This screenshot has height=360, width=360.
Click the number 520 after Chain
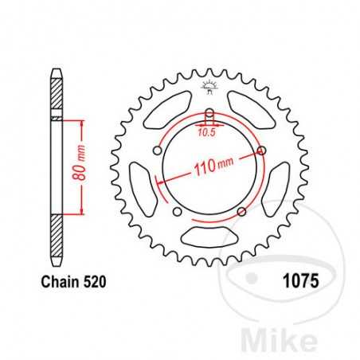[93, 281]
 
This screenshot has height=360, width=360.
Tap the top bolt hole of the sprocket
[209, 112]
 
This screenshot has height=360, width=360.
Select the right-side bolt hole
[261, 150]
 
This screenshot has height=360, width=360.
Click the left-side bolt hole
[157, 150]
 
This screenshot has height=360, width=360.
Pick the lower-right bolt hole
[241, 211]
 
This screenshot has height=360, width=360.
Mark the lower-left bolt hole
[177, 211]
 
